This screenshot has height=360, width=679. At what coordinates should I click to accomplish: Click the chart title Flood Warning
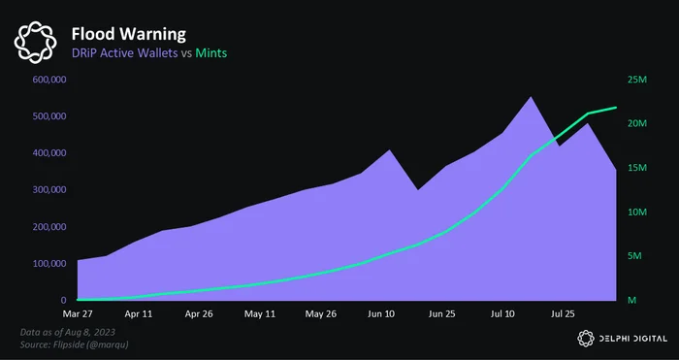(x=129, y=34)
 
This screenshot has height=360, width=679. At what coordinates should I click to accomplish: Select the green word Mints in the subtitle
(x=210, y=52)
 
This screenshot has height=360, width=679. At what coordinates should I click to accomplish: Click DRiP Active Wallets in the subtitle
(x=125, y=52)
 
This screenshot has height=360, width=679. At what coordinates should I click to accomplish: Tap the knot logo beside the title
(x=35, y=43)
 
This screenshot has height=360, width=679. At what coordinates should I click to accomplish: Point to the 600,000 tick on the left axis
(x=48, y=80)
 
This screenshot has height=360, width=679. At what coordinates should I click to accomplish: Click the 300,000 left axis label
(x=48, y=190)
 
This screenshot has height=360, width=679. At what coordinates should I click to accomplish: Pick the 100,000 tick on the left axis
(x=48, y=263)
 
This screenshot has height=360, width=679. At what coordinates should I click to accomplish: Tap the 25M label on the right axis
(x=637, y=80)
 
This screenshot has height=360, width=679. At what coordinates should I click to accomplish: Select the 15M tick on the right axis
(x=637, y=168)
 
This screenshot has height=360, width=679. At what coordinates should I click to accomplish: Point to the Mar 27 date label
(x=78, y=313)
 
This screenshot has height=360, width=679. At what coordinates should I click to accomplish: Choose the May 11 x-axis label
(x=259, y=313)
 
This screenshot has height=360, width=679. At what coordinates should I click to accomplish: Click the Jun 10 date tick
(x=381, y=313)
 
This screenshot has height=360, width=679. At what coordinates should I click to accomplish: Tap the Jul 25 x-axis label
(x=563, y=313)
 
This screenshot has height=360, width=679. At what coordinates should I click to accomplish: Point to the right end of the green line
(x=616, y=107)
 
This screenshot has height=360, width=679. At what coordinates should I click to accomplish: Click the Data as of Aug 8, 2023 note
(x=68, y=332)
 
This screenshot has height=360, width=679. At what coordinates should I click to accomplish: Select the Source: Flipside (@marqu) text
(x=74, y=344)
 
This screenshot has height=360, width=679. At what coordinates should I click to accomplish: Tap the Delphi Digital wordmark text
(x=633, y=339)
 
